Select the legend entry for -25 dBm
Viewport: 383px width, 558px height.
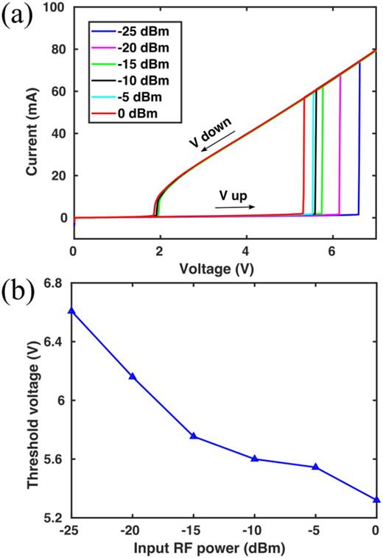click(x=136, y=32)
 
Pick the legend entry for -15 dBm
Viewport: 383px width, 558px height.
click(x=136, y=65)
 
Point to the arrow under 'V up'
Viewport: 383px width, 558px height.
click(x=235, y=207)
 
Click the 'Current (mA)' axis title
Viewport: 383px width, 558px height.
click(x=32, y=123)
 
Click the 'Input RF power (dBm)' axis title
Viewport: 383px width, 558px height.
click(x=223, y=548)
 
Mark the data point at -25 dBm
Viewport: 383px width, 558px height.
click(x=71, y=311)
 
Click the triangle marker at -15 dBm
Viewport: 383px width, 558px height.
click(x=194, y=436)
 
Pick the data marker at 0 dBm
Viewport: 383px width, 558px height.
click(x=376, y=499)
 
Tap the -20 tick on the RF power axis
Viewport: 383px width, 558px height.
click(x=133, y=531)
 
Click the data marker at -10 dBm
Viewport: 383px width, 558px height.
click(x=255, y=458)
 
